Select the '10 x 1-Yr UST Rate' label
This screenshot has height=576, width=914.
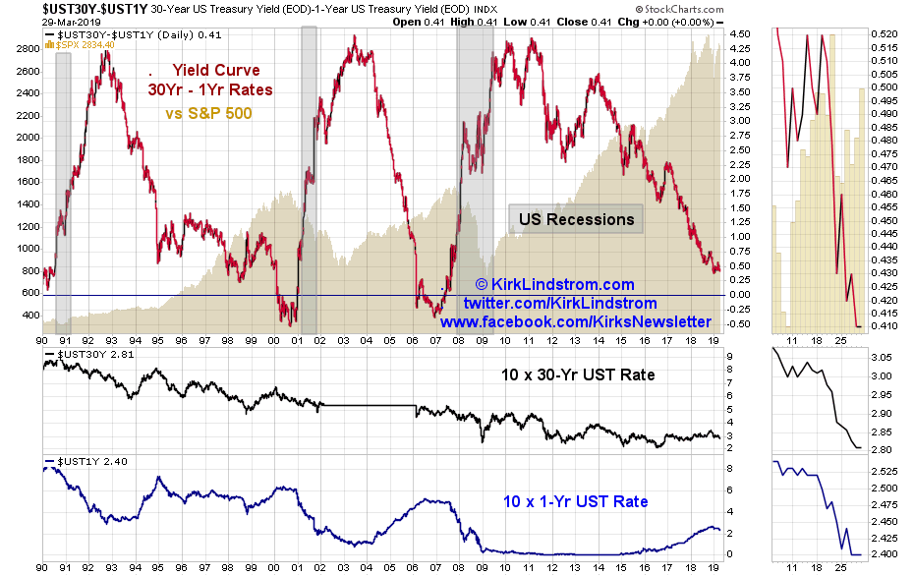point(576,501)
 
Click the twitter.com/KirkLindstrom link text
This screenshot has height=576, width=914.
point(560,303)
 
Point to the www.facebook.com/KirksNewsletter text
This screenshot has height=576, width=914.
point(576,321)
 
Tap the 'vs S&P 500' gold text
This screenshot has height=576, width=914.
point(208,113)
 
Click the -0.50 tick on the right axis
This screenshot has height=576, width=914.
point(742,323)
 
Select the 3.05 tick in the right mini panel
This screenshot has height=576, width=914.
point(882,358)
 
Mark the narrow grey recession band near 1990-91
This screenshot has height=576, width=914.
point(63,187)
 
